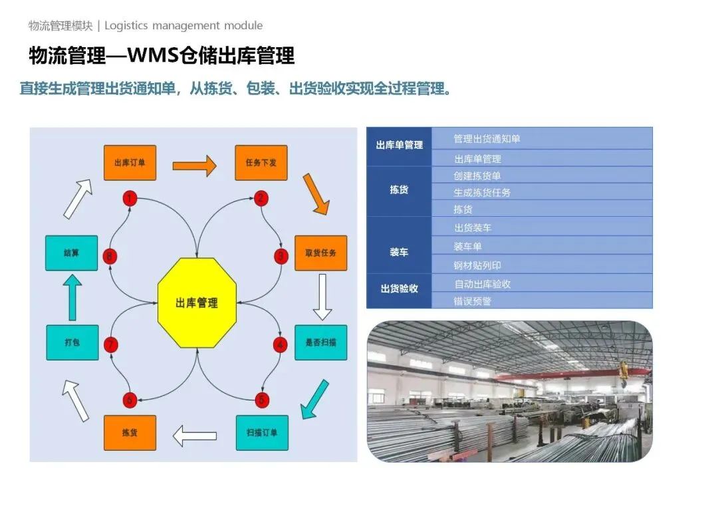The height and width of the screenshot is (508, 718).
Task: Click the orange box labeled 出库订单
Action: pos(130,162)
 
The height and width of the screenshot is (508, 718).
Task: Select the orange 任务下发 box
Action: pos(261,162)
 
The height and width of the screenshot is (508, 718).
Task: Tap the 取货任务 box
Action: pos(320,253)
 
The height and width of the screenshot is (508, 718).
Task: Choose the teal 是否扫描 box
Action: pos(320,342)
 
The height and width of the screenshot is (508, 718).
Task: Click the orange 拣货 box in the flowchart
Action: pos(130,433)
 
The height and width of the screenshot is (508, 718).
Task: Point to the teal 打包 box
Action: pos(72,342)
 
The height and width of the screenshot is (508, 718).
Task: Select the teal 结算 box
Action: pos(72,253)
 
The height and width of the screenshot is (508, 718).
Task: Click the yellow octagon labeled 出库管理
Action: pos(197,303)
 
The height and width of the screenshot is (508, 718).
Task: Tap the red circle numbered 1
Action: pos(130,198)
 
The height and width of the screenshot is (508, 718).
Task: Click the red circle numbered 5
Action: pos(262,400)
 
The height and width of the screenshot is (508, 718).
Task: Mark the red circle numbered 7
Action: pos(111,344)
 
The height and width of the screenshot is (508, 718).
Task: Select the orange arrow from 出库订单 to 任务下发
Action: pos(195,165)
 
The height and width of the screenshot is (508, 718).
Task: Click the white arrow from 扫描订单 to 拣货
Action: pos(195,436)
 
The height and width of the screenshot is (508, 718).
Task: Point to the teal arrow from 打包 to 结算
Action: pos(73,298)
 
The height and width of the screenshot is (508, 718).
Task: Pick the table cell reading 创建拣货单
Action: pos(477,176)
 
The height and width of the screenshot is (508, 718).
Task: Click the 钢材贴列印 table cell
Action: pos(477,265)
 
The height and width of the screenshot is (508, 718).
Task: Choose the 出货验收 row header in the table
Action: pos(399,289)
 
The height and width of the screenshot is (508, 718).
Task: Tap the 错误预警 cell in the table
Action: pos(472,301)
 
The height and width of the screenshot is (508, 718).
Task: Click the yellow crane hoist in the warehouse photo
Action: pos(624,369)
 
